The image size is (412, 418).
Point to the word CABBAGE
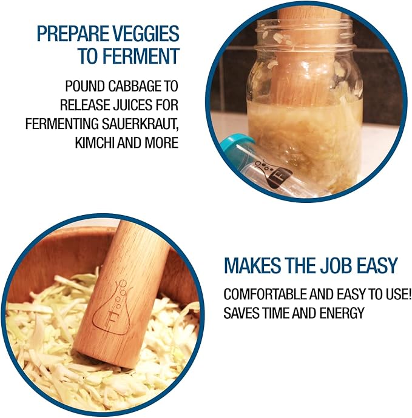133,87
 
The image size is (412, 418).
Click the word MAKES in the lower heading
252,265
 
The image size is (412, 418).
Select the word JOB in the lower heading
336,265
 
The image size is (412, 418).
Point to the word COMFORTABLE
265,294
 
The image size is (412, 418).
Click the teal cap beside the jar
234,148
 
